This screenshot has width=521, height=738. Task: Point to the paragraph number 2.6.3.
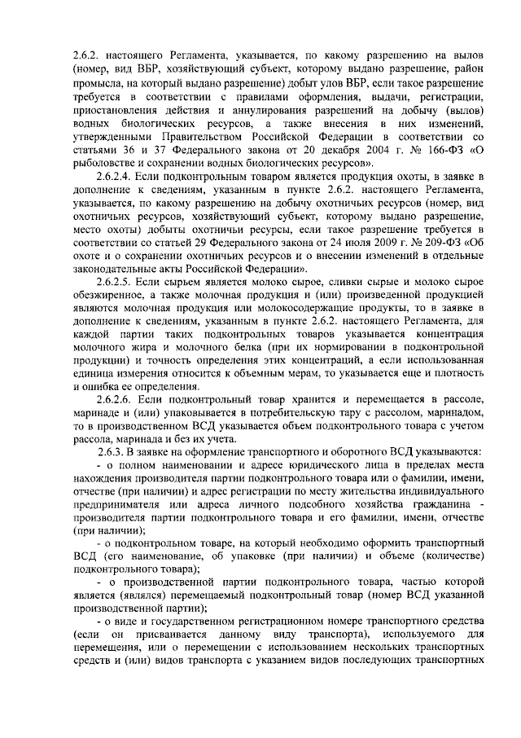tap(112, 451)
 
